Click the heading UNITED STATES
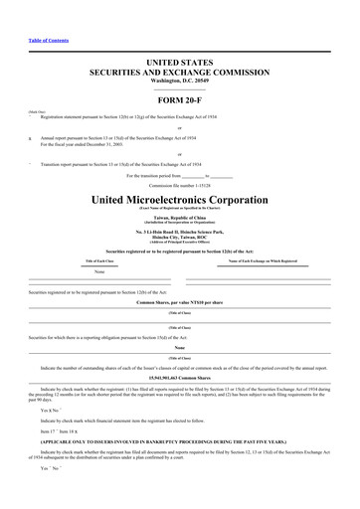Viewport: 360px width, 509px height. [179, 63]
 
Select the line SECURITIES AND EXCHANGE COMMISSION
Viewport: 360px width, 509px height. [179, 73]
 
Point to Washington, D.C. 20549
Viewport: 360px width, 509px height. [179, 81]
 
